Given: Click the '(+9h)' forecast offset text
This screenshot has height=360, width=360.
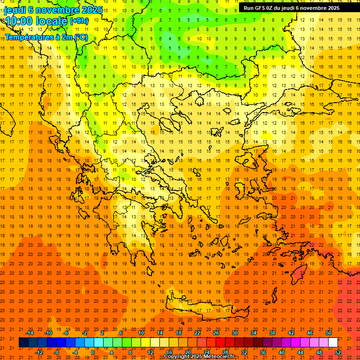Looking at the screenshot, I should point(78,21).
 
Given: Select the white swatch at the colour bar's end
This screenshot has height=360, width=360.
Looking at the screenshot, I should point(333,343).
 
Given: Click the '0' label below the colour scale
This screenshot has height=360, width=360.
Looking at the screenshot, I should point(93,352).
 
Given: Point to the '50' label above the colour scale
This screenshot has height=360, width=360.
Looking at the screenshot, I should point(328,333).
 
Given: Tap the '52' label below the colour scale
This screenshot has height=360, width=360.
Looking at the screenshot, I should point(337,352).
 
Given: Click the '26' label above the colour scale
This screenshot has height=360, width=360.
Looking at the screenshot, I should point(216,333).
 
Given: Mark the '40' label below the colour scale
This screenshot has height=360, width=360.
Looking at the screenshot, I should point(282,352).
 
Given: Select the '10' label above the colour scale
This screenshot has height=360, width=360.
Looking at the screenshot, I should point(141,333).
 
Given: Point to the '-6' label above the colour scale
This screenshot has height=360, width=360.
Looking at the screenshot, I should point(66,333).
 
